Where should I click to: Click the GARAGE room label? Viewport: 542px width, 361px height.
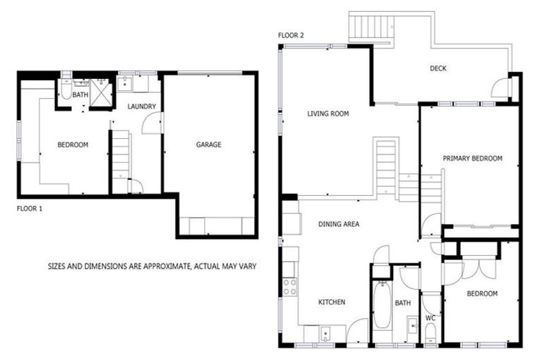[208, 145]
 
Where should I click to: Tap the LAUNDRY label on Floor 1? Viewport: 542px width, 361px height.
[141, 106]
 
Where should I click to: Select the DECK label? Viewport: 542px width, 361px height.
[438, 68]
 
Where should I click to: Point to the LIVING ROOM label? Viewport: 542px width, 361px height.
[327, 113]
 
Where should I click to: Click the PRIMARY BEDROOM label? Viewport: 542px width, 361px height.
[472, 159]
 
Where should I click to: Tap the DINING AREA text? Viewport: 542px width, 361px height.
[339, 224]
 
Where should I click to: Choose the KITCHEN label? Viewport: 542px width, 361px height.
[331, 302]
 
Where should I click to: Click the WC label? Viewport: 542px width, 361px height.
[430, 318]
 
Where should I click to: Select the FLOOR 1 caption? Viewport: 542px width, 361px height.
[30, 209]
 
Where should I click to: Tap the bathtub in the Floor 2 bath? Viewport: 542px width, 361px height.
[382, 305]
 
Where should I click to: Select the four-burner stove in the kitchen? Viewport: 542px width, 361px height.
[289, 286]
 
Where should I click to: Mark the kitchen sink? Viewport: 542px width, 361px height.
[323, 334]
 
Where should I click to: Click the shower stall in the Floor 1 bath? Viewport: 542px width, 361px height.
[102, 92]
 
